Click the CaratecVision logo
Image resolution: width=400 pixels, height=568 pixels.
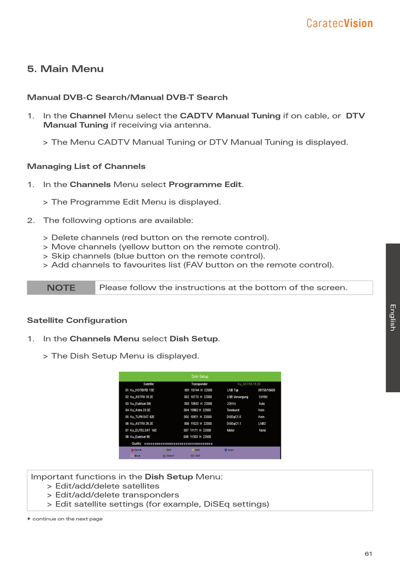(x=339, y=23)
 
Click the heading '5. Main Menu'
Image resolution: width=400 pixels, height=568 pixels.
(x=65, y=69)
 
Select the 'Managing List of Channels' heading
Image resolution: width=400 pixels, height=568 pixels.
(x=86, y=166)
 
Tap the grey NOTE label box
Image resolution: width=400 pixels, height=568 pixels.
(x=61, y=288)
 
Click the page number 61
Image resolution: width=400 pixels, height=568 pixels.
(x=368, y=554)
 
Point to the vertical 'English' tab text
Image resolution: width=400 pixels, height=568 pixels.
(x=392, y=317)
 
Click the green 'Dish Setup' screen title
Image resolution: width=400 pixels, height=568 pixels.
(x=200, y=376)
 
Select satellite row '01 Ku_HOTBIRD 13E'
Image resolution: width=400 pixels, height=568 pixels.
(x=140, y=390)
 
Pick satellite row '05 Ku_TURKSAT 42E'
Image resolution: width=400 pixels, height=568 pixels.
(x=140, y=417)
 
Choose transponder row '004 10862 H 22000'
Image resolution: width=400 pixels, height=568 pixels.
(x=197, y=410)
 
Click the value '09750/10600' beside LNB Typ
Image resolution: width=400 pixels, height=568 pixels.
(x=267, y=390)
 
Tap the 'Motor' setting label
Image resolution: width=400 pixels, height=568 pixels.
(x=231, y=430)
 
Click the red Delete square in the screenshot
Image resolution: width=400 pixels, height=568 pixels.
(x=132, y=450)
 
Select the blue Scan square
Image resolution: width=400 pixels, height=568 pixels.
(x=226, y=450)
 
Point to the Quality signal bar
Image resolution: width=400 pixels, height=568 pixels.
(x=178, y=444)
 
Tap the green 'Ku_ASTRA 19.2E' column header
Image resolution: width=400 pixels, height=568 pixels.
(x=249, y=384)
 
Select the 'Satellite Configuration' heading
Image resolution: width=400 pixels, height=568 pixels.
(x=77, y=320)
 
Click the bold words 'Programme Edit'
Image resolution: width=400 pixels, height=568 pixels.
(x=205, y=185)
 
